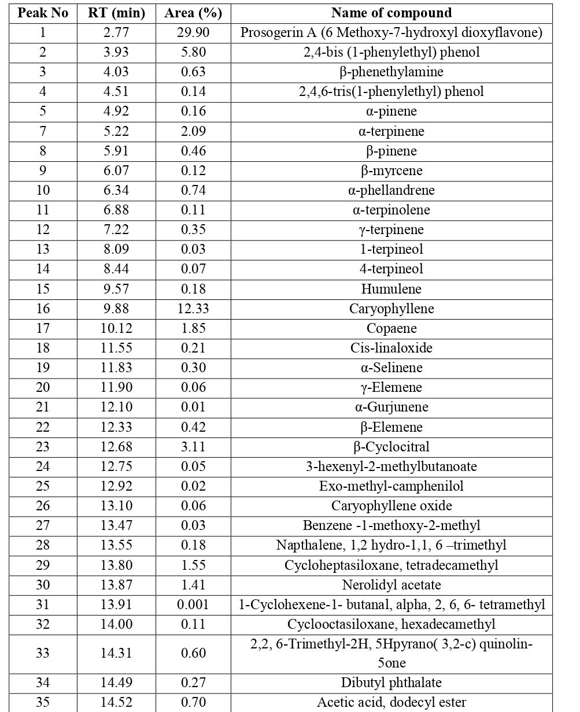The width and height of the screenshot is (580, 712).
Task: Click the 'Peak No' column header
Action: click(x=43, y=13)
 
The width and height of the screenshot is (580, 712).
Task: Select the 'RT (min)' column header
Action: click(x=116, y=13)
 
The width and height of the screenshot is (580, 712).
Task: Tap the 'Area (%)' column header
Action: click(x=193, y=13)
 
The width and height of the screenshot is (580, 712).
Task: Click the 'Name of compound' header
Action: click(x=391, y=13)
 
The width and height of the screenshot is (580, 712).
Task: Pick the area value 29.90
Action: click(x=193, y=32)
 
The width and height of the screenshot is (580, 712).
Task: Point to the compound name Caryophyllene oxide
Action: click(x=391, y=506)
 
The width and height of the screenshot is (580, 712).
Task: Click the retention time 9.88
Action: click(x=116, y=309)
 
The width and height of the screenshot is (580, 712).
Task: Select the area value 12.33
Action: click(x=193, y=309)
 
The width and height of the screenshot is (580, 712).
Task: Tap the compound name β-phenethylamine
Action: click(x=391, y=72)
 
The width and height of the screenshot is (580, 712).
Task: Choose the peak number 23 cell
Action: click(x=43, y=447)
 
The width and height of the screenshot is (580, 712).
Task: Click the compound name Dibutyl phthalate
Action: click(x=391, y=683)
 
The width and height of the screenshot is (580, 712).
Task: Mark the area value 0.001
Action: click(x=193, y=605)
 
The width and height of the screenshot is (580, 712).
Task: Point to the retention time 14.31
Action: click(x=116, y=653)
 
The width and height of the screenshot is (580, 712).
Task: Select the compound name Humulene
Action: click(x=391, y=289)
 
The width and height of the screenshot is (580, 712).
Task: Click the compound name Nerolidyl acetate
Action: click(x=391, y=585)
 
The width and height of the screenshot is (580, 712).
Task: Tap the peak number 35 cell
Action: click(x=43, y=702)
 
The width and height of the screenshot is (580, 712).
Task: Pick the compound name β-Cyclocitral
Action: click(x=391, y=447)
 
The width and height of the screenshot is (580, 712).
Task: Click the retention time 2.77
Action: click(x=116, y=32)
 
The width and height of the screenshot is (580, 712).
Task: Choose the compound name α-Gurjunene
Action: click(x=391, y=407)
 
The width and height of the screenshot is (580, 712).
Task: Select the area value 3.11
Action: click(x=193, y=447)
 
